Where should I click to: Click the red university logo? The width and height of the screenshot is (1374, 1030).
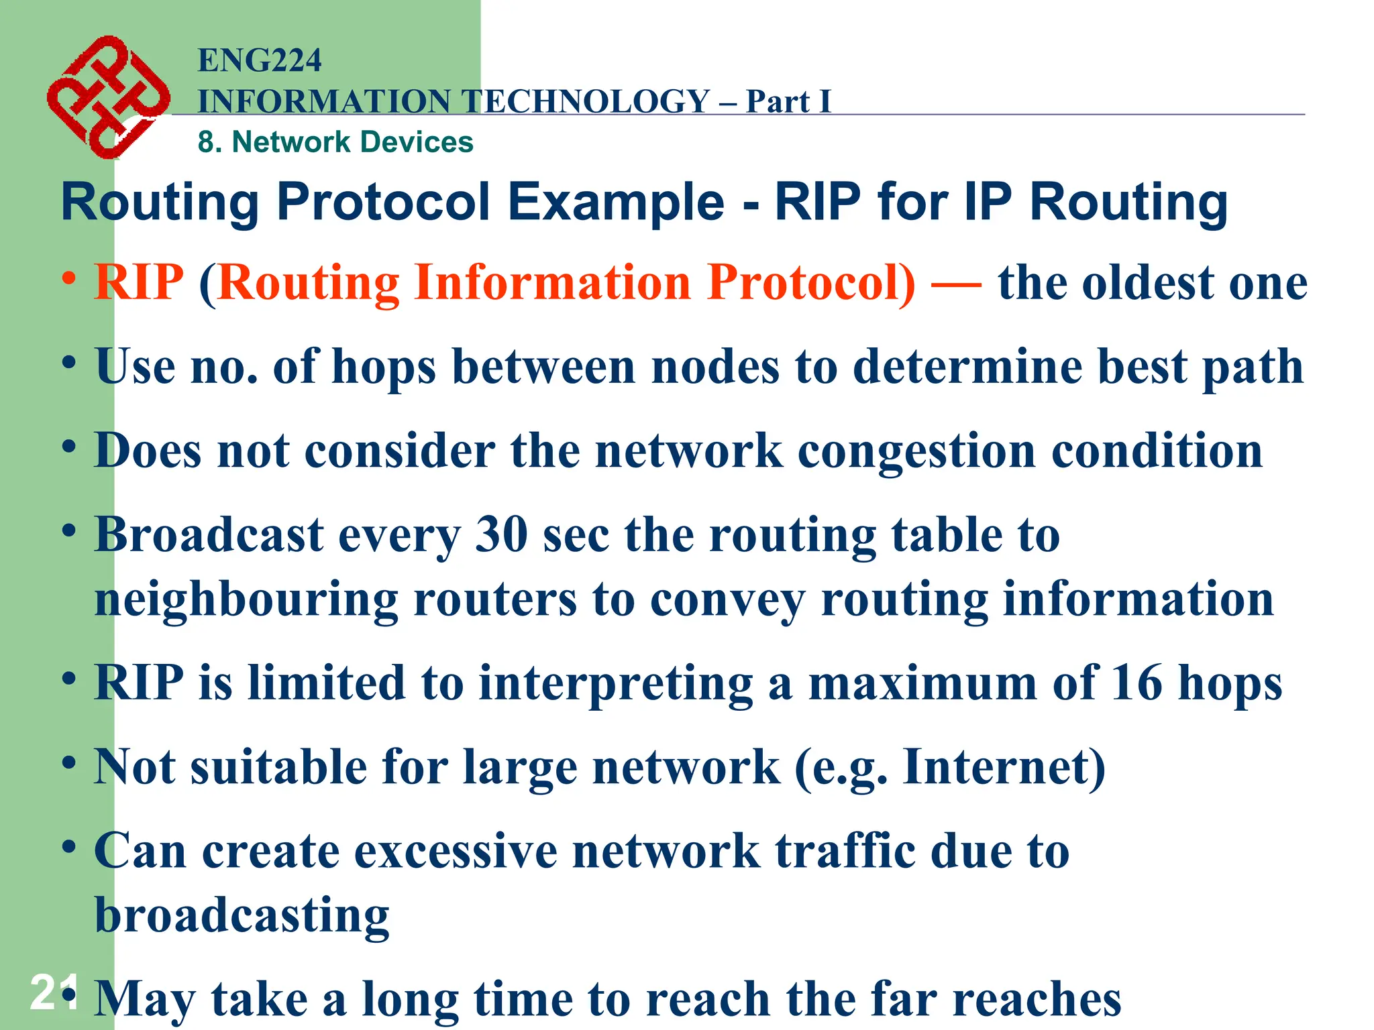(x=107, y=97)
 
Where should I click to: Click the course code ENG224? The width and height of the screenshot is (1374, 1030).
(x=260, y=60)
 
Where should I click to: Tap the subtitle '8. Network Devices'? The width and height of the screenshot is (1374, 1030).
(x=335, y=142)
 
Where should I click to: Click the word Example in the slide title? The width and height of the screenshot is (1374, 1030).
(x=615, y=202)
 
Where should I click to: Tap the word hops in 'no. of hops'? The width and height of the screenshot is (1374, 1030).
(x=384, y=367)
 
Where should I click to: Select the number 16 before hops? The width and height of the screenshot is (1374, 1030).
(x=1136, y=683)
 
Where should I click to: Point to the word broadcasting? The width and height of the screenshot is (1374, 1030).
(x=242, y=915)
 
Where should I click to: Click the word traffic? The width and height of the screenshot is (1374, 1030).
(x=845, y=851)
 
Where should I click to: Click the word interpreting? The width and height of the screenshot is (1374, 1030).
(x=615, y=683)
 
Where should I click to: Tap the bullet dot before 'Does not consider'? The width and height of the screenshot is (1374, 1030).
(x=68, y=446)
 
